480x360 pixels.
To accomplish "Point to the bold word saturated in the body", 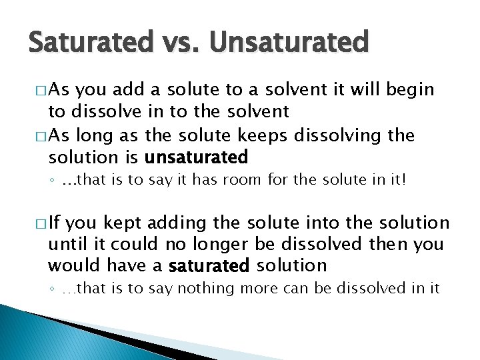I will point(209,266).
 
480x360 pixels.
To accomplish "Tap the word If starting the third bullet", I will point(55,223).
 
